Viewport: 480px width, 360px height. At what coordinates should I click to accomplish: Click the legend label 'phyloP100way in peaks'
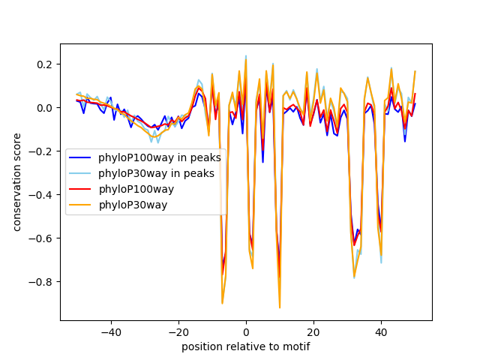(159, 157)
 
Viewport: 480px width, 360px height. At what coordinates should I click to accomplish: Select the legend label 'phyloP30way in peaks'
(156, 173)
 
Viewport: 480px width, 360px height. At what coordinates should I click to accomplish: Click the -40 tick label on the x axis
(110, 331)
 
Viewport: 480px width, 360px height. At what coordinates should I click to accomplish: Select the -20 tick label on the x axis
(178, 331)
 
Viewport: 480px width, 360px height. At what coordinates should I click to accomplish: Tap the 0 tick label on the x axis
(246, 331)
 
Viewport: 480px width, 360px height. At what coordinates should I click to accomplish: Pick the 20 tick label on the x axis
(313, 331)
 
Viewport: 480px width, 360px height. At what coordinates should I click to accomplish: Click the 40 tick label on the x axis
(381, 331)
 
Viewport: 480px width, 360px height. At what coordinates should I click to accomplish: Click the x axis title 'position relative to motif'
(245, 346)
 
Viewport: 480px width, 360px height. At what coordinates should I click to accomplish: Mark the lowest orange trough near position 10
(280, 307)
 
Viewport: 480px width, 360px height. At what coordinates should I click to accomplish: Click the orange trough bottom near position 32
(354, 277)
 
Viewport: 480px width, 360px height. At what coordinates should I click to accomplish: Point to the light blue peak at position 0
(246, 55)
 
